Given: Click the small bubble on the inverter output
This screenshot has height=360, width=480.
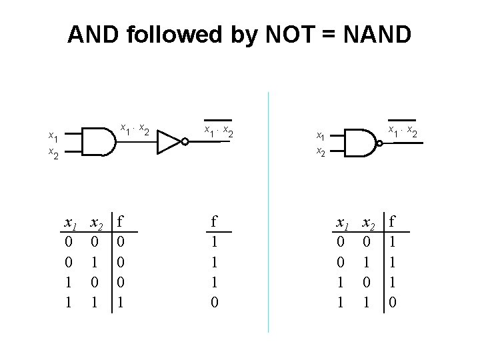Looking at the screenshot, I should point(182,141).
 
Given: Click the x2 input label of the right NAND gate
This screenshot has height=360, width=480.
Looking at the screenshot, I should point(321,151).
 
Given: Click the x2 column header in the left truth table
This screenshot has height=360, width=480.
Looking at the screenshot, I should point(96,222).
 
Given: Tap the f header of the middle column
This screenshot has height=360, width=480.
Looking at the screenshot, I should point(214,221).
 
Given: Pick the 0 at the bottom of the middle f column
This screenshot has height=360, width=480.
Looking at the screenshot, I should point(214,302).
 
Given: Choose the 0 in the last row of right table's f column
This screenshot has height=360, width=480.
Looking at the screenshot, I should point(393,302).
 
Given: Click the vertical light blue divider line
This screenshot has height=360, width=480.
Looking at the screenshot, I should point(268,213).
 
